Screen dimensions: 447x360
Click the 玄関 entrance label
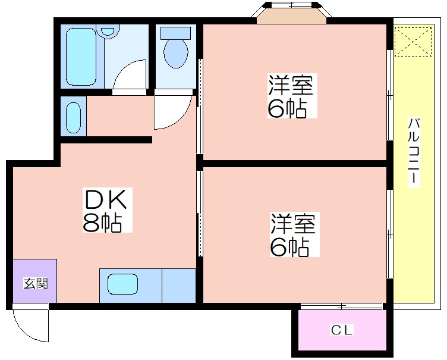tap(35, 283)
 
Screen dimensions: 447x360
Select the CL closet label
tap(342, 330)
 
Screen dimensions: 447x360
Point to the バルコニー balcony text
tap(414, 152)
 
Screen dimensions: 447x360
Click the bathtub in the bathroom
tap(81, 57)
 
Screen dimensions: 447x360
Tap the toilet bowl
tap(176, 53)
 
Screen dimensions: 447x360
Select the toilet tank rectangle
tap(175, 33)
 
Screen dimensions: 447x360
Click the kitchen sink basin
tap(122, 284)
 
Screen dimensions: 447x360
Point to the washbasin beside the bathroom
tap(74, 117)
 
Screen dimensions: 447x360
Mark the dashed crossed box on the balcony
tap(413, 42)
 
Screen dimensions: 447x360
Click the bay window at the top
tap(291, 13)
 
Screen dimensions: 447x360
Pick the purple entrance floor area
tap(35, 281)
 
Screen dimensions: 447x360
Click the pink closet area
tap(342, 330)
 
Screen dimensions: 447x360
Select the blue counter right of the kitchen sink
tap(179, 286)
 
